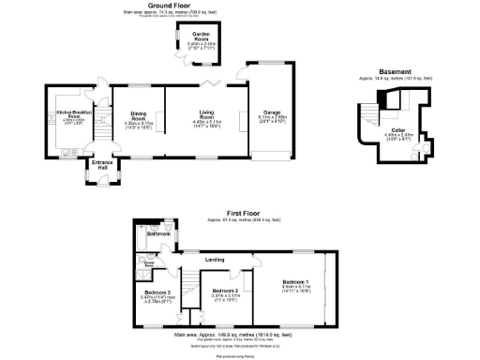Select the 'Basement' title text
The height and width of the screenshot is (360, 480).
(x=395, y=72)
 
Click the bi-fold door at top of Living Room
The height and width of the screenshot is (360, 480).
(x=212, y=86)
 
